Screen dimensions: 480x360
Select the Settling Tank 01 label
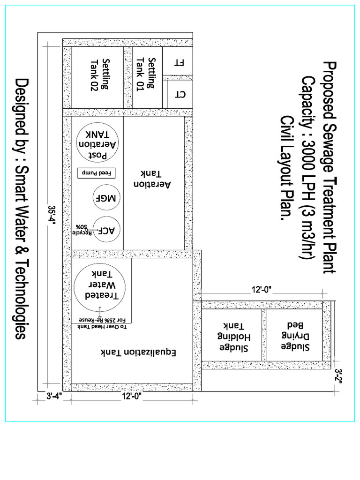click(x=146, y=73)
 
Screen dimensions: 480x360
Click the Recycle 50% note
click(x=83, y=229)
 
